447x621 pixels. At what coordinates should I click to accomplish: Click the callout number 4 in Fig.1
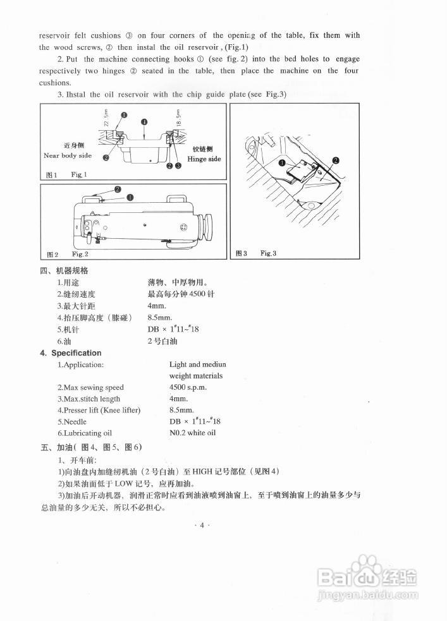[x=144, y=122]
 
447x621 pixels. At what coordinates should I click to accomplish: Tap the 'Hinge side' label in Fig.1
[x=204, y=159]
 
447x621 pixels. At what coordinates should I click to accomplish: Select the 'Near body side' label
[x=67, y=155]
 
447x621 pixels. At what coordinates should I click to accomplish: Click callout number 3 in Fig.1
[x=178, y=166]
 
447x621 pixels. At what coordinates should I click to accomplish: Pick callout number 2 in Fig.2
[x=118, y=189]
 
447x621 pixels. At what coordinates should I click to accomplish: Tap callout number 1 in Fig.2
[x=130, y=197]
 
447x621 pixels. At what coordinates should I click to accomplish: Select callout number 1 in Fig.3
[x=282, y=163]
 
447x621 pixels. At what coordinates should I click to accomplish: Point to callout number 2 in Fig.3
[x=335, y=160]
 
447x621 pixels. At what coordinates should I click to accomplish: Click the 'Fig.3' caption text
[x=269, y=253]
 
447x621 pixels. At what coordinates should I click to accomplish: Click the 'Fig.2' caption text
[x=80, y=254]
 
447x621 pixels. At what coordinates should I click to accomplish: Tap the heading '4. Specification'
[x=71, y=353]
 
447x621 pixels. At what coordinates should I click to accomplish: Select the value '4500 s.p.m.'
[x=188, y=387]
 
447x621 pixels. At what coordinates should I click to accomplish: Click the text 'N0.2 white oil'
[x=192, y=433]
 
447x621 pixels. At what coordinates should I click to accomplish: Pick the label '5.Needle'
[x=72, y=421]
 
